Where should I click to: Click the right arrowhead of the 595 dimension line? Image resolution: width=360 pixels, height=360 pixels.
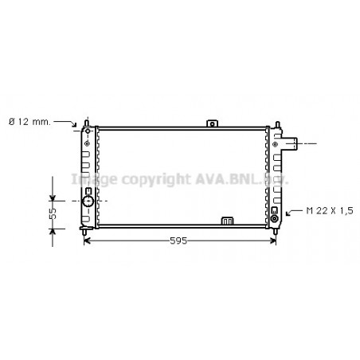click(272, 241)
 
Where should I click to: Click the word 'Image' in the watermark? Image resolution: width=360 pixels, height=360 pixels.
click(93, 180)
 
